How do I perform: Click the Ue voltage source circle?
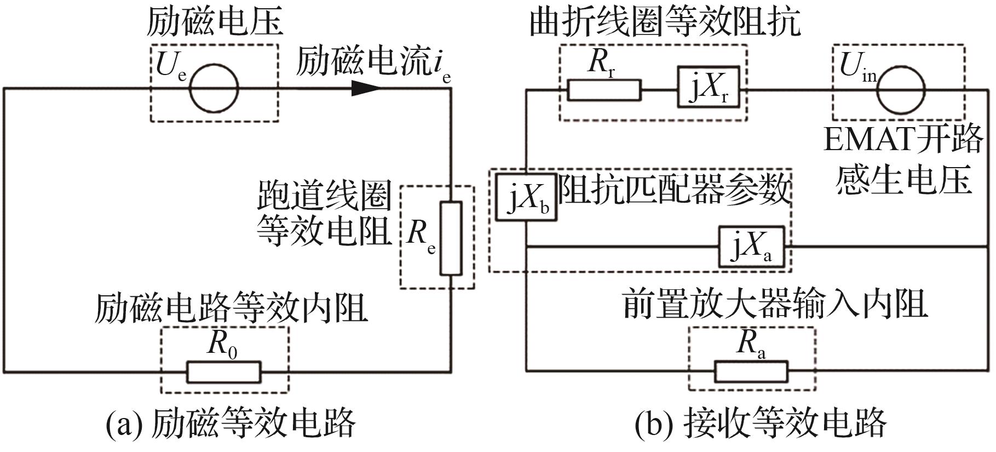(214, 88)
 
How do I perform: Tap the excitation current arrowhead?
(365, 88)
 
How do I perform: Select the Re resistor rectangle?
(452, 238)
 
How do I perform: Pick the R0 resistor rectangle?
(223, 372)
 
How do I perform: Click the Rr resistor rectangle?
(604, 90)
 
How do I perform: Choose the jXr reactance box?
(709, 87)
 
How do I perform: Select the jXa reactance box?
(752, 247)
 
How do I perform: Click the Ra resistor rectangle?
(751, 372)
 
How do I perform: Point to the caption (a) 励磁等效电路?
(231, 424)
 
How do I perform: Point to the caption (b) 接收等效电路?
(761, 424)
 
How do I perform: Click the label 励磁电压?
(214, 22)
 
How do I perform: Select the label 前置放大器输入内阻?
(775, 304)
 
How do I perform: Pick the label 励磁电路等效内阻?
(231, 308)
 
